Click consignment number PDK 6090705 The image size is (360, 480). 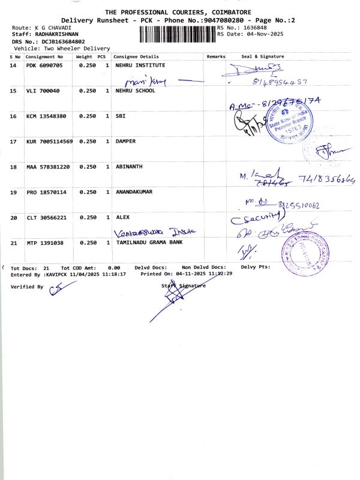44,65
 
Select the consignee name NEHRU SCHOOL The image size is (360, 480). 135,91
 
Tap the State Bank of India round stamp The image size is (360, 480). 286,125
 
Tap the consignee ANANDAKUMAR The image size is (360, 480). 134,192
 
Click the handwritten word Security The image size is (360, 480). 255,217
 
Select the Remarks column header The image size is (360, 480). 215,56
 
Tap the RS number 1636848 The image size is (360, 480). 251,28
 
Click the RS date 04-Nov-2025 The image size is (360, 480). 265,34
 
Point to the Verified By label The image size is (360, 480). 27,287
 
